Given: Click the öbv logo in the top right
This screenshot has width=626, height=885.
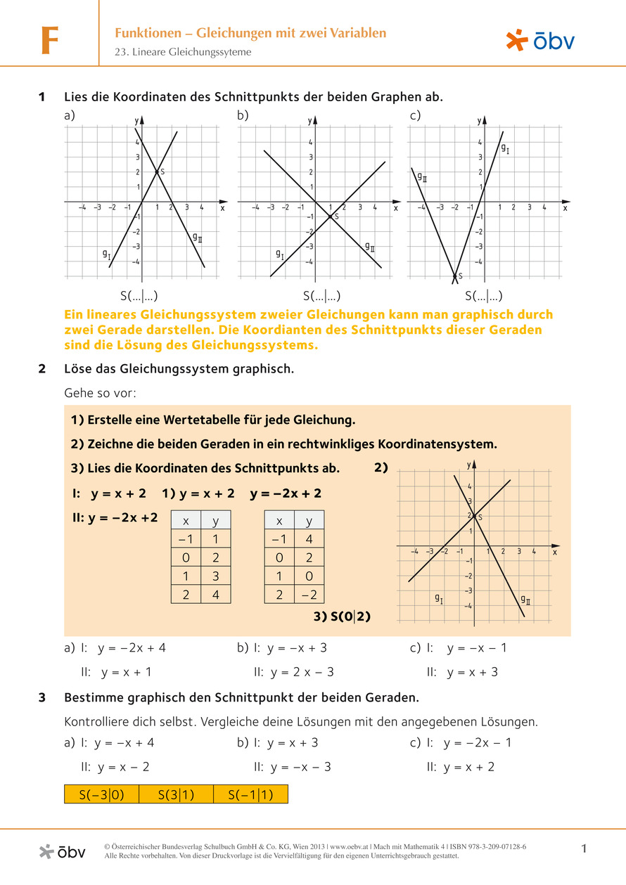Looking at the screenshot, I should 540,41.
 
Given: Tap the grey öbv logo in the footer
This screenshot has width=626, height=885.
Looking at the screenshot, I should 63,851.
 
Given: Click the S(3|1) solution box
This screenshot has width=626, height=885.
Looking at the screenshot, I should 176,794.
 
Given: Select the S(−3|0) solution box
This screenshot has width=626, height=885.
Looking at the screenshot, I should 102,794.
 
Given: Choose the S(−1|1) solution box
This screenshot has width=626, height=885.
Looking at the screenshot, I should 250,794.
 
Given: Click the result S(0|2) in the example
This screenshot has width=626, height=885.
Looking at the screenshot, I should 342,616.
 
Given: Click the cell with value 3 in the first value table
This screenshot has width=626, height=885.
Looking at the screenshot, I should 216,576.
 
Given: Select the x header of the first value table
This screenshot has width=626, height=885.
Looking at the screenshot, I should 186,521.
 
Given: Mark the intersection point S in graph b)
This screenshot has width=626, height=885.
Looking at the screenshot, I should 330,217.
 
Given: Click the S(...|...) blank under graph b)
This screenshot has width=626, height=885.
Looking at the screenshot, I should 322,296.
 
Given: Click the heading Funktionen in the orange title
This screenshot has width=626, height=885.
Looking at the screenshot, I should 151,32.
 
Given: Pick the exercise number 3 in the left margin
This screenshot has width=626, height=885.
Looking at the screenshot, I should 42,698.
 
